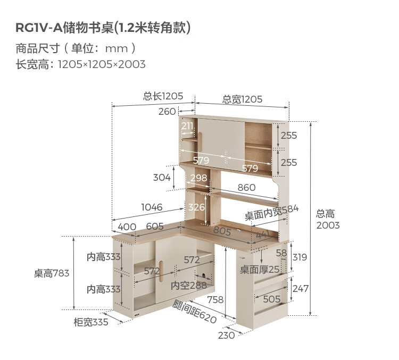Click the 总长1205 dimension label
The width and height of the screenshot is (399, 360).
point(163,96)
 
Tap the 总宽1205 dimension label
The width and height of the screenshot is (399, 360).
point(242,99)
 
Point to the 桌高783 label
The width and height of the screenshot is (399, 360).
point(52,273)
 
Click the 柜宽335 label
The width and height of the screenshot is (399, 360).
point(91,322)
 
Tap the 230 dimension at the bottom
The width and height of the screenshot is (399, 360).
point(226,336)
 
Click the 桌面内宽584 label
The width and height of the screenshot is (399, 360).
point(271,212)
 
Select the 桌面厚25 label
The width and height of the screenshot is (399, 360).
point(260,269)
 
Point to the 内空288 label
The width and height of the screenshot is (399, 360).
point(188,286)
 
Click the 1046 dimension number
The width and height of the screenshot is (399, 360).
point(152,207)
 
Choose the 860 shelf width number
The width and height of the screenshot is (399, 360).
point(246,188)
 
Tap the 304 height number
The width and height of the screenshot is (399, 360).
point(162,177)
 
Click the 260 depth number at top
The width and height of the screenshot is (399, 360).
point(167,112)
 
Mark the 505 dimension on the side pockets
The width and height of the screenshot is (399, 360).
point(271,299)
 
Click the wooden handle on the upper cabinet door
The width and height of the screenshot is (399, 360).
point(200,142)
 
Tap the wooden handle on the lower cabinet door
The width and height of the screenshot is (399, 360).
point(161,272)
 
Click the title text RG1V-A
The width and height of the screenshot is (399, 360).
point(39,28)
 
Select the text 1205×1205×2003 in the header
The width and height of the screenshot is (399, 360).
point(102,64)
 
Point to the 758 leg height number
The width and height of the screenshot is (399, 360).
point(215,300)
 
